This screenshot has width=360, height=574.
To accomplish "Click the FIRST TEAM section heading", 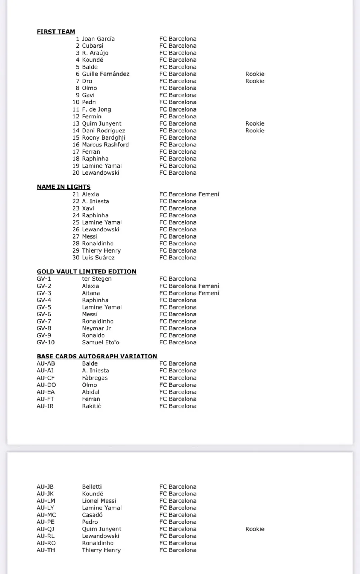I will tap(56, 32).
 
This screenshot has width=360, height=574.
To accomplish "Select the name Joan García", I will tap(98, 39).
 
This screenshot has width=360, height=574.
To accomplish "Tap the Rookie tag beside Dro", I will tap(254, 81).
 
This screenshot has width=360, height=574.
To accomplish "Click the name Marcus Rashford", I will tap(105, 145).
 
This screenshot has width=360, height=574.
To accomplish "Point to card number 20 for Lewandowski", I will tap(76, 173).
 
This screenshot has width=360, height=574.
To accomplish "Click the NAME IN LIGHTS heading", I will tap(64, 187).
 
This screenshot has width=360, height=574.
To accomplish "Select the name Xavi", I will tap(88, 208).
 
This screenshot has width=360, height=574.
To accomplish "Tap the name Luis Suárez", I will tap(98, 258).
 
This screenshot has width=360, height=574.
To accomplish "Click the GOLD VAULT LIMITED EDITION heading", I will tap(87, 272).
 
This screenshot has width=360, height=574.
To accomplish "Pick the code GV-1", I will tap(44, 279).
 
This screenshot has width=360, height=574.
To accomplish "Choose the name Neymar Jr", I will tap(96, 328).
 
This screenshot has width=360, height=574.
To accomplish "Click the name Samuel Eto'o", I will tap(100, 342).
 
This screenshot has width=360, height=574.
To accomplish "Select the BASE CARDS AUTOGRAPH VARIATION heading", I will tap(97, 356).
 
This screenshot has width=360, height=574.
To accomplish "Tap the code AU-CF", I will tap(46, 378).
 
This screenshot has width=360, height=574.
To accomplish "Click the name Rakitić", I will tap(91, 406).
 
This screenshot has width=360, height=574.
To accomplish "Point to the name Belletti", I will tap(92, 487).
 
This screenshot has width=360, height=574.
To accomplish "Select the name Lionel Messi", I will tap(99, 501).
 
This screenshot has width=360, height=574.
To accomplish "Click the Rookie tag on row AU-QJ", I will tap(254, 529).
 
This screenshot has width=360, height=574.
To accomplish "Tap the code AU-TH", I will tap(46, 550).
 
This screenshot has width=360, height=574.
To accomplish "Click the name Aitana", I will tap(91, 293).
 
